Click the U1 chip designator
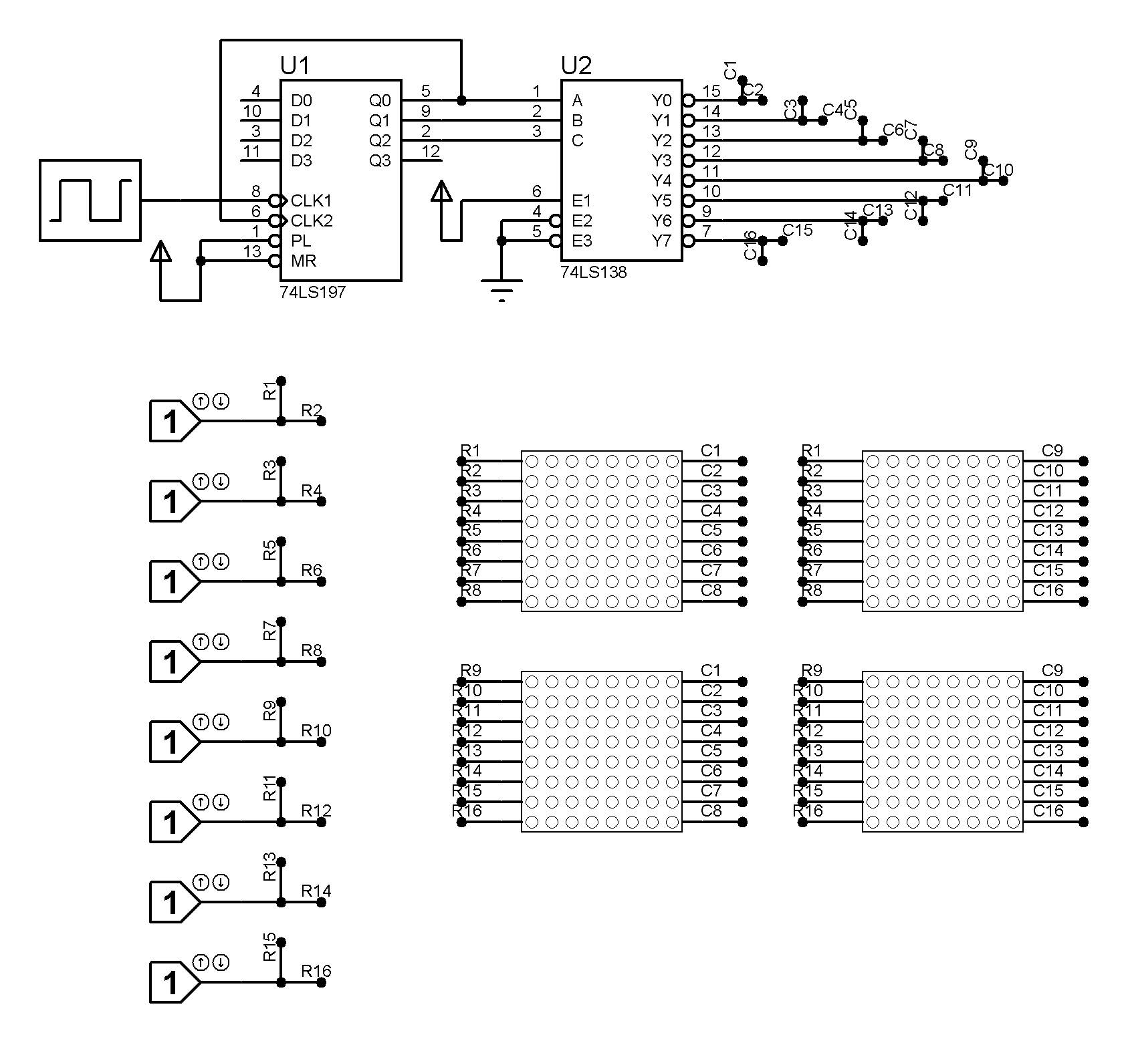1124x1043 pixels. pyautogui.click(x=295, y=65)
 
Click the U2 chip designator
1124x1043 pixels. pyautogui.click(x=576, y=65)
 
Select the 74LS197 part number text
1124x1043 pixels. pyautogui.click(x=313, y=292)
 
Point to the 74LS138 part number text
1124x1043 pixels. pyautogui.click(x=594, y=272)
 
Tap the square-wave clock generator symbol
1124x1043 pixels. pyautogui.click(x=90, y=200)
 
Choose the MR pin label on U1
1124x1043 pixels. pyautogui.click(x=304, y=261)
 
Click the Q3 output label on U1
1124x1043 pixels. pyautogui.click(x=380, y=160)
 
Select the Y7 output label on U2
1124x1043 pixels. pyautogui.click(x=661, y=241)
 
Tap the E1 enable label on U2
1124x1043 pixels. pyautogui.click(x=582, y=200)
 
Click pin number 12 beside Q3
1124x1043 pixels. pyautogui.click(x=431, y=152)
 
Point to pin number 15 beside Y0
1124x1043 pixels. pyautogui.click(x=711, y=92)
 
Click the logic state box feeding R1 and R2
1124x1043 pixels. pyautogui.click(x=173, y=421)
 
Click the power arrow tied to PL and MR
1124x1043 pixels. pyautogui.click(x=160, y=251)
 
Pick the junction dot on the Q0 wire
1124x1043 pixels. pyautogui.click(x=461, y=100)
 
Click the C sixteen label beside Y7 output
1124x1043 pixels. pyautogui.click(x=750, y=245)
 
